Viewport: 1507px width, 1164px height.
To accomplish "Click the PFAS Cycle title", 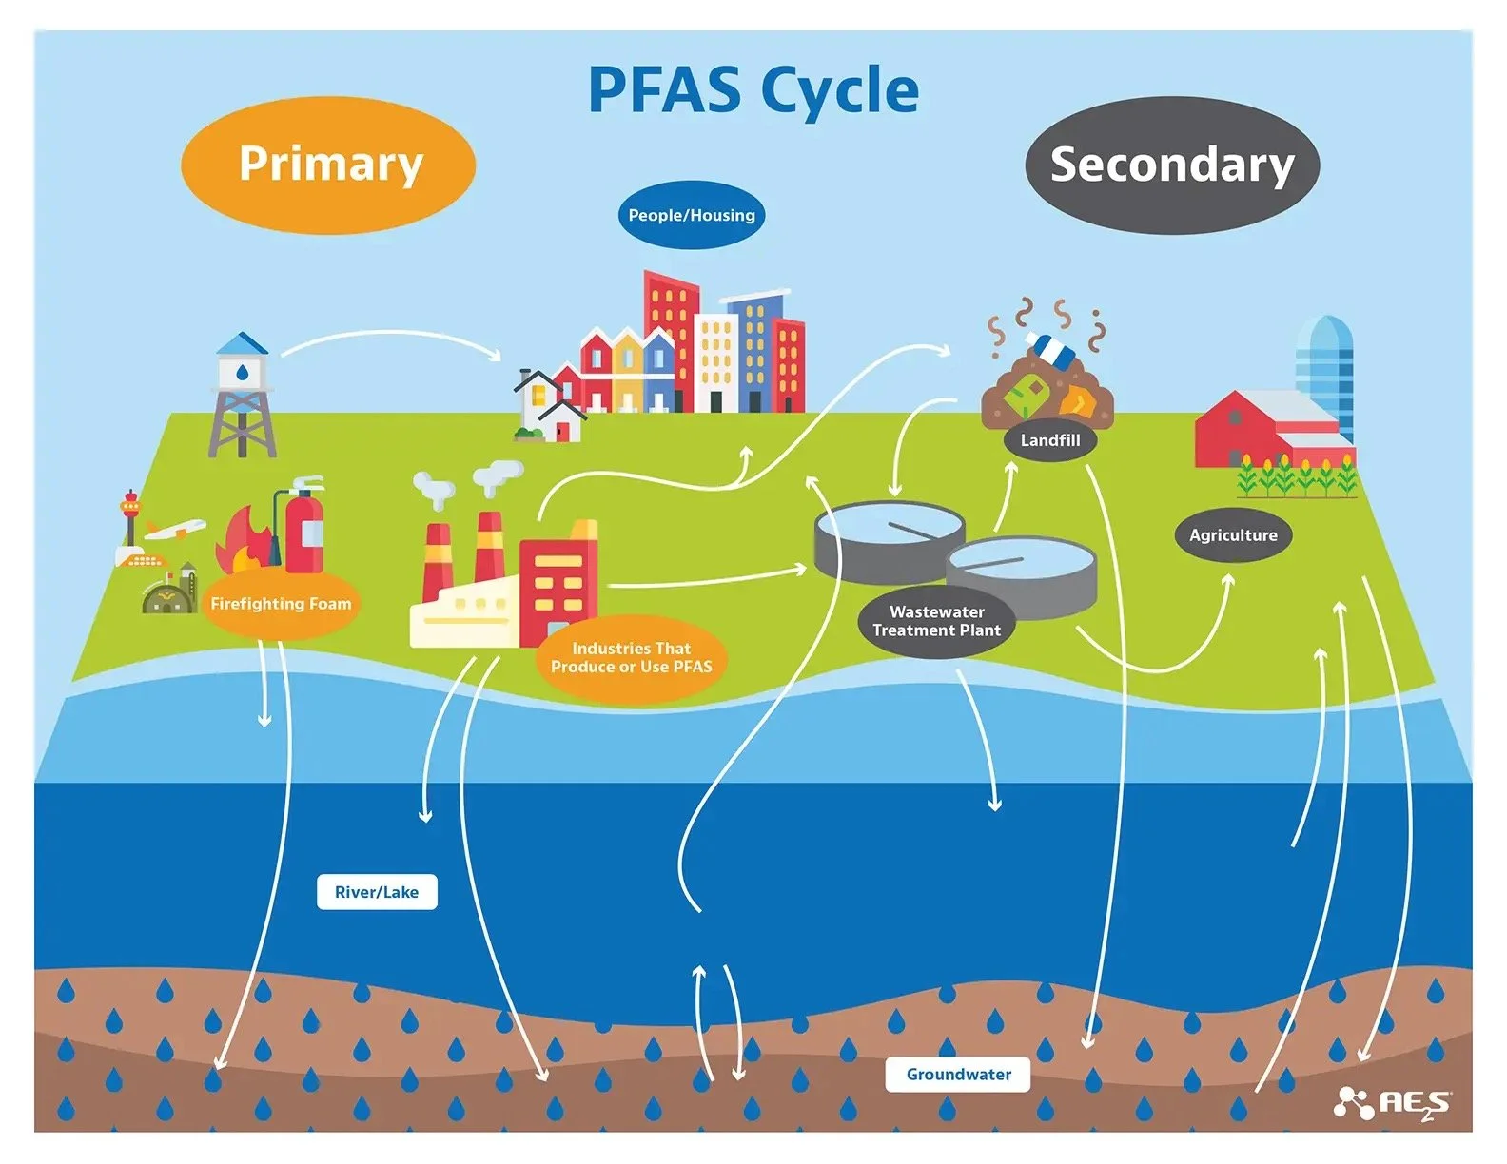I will (x=753, y=91).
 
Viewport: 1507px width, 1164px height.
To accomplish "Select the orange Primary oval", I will (x=328, y=165).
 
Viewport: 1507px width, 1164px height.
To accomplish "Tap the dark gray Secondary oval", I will (x=1171, y=165).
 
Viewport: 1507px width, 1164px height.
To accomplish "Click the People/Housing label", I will (x=692, y=215).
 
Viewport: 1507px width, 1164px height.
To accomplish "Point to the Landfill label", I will (x=1049, y=440).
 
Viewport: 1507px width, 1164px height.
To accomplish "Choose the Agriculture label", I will (x=1233, y=535).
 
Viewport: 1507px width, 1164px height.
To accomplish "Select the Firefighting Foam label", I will (x=281, y=604).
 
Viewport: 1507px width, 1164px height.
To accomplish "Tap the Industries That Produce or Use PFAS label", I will (x=631, y=658).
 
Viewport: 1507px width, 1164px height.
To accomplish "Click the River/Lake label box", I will (x=377, y=892).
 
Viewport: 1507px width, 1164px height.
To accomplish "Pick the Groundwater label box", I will (x=958, y=1075).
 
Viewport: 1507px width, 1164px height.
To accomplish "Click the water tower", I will (x=243, y=395).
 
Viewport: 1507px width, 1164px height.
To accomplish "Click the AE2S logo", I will (x=1393, y=1103).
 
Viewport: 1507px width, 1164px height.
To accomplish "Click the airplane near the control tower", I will (x=175, y=530).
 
